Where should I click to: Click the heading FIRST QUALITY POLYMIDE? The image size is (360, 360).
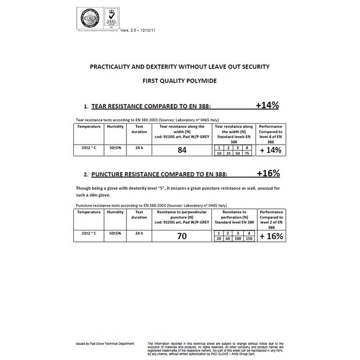(179, 81)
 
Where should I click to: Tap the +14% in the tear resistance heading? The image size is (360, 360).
(267, 106)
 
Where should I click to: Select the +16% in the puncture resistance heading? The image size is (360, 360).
(268, 173)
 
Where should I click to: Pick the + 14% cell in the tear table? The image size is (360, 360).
(270, 150)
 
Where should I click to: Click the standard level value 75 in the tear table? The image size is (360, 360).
(247, 154)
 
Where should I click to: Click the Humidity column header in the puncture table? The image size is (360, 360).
(115, 213)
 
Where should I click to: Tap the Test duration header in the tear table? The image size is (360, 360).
(139, 128)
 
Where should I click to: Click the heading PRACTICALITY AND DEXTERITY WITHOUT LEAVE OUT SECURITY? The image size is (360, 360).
(179, 67)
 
